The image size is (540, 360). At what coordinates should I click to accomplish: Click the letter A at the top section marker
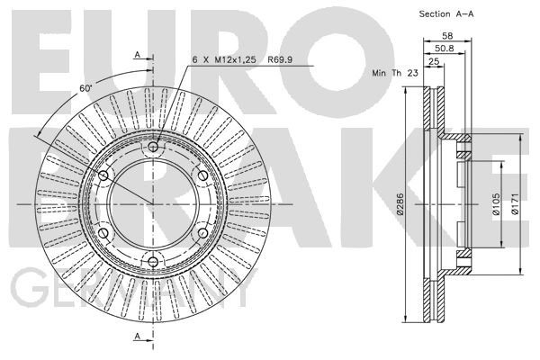pyautogui.click(x=137, y=56)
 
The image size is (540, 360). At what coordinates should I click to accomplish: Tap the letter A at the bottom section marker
pyautogui.click(x=137, y=337)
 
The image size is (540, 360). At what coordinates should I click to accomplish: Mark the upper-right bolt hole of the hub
pyautogui.click(x=202, y=175)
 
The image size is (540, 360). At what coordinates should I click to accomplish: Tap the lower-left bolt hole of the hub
pyautogui.click(x=103, y=233)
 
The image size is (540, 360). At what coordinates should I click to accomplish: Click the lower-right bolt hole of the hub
pyautogui.click(x=202, y=233)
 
